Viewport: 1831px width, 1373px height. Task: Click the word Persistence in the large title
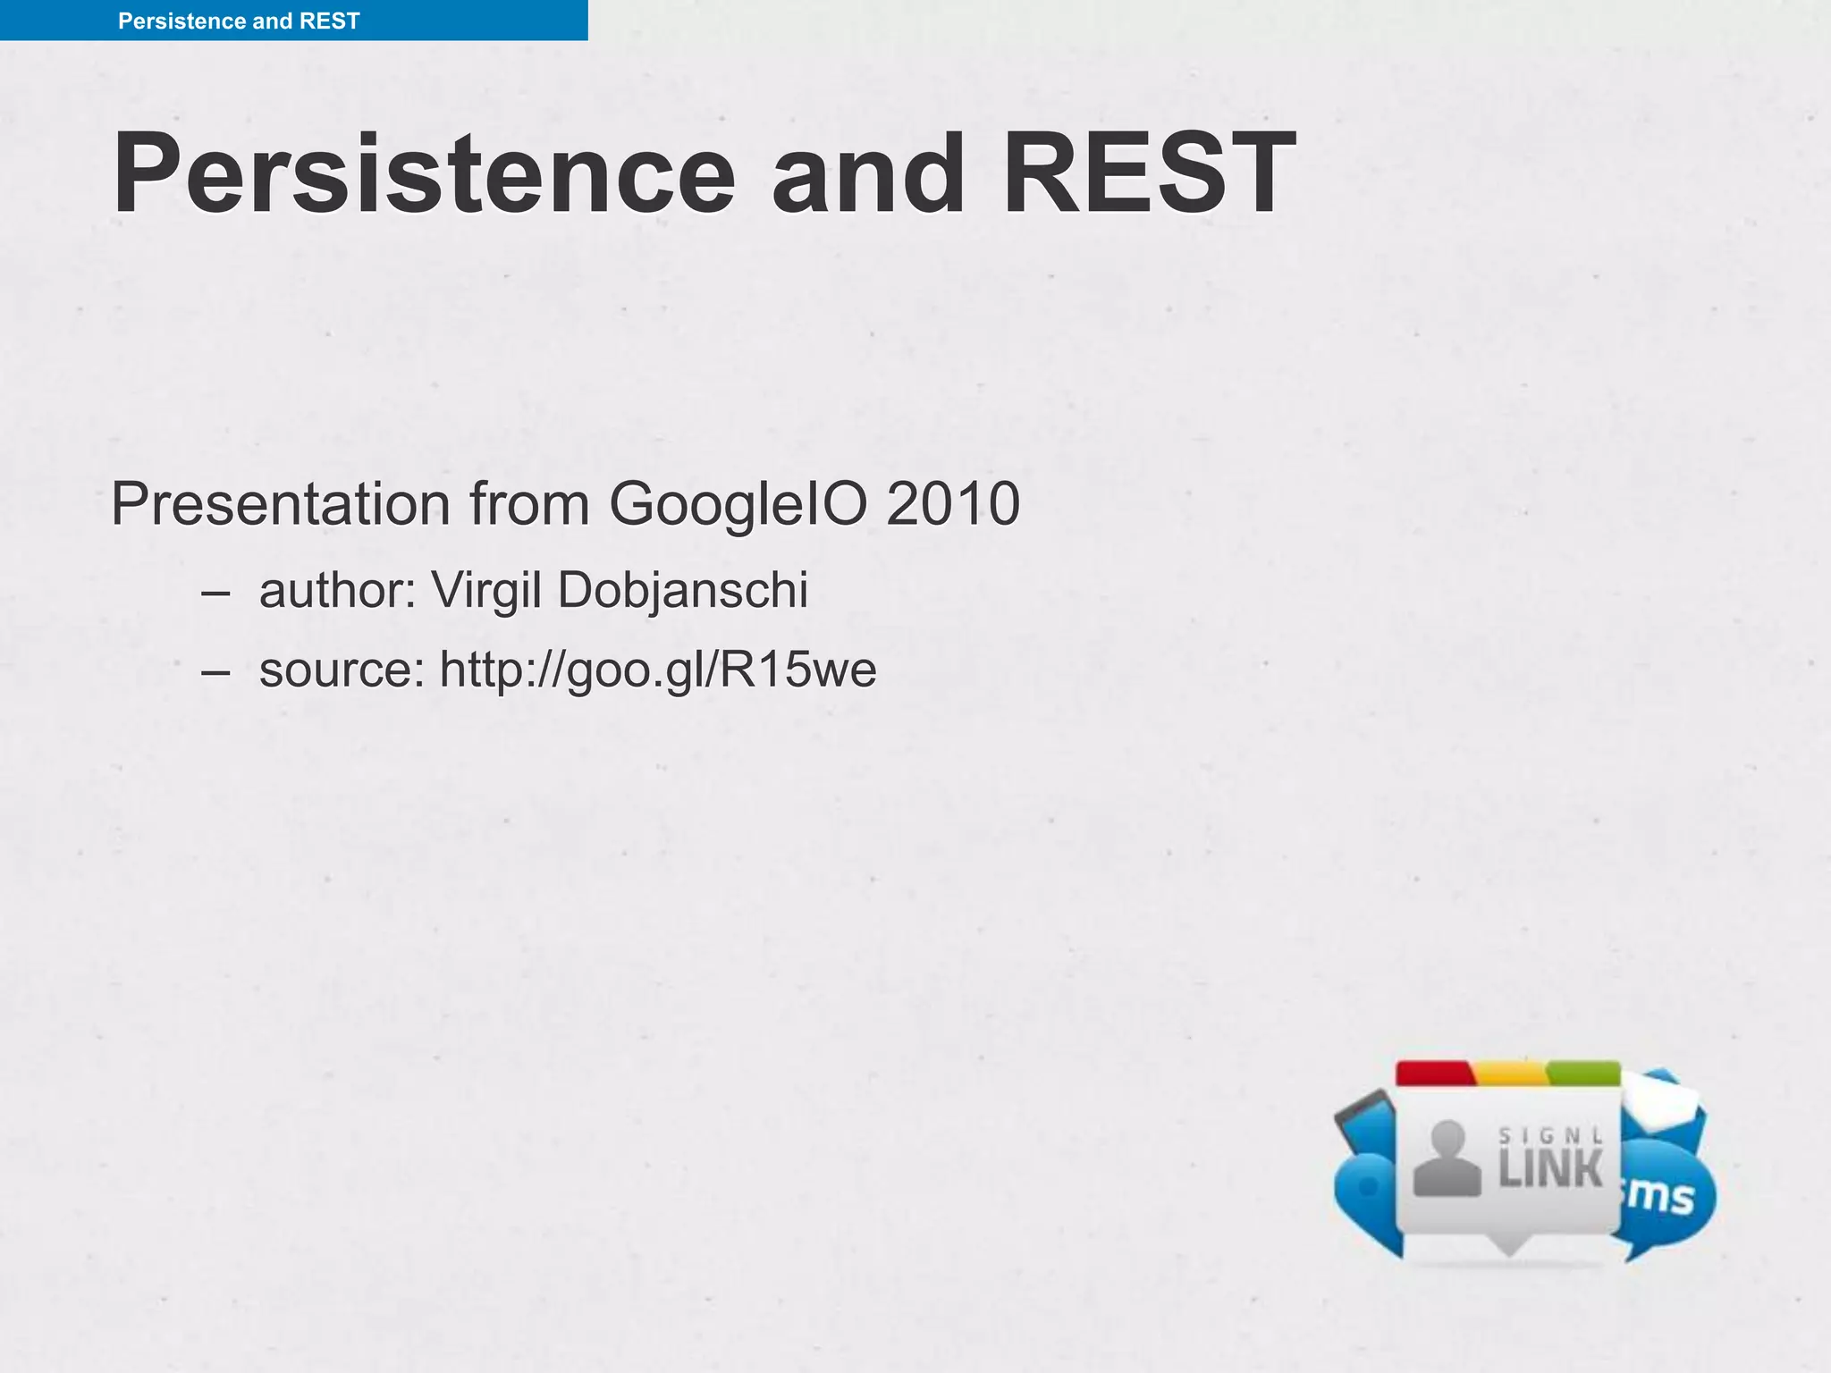(424, 174)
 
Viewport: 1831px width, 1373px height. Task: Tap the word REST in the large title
(1149, 174)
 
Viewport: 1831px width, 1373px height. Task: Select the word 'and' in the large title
(868, 174)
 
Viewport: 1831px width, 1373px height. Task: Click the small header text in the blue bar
(239, 21)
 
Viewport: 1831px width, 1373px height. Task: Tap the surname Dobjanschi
(683, 591)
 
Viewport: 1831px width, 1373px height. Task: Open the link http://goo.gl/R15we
(658, 670)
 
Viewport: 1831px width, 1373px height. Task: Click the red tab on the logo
(1434, 1074)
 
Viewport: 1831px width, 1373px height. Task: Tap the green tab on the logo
(1583, 1074)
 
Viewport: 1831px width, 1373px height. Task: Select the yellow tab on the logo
(1510, 1074)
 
